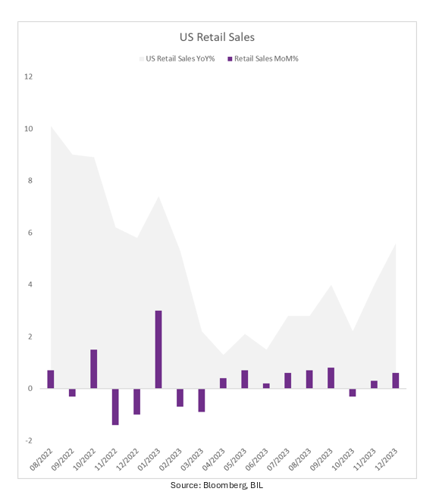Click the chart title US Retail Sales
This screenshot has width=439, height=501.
coord(217,37)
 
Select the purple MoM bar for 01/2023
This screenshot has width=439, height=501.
coord(158,349)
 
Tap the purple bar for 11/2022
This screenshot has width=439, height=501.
coord(115,407)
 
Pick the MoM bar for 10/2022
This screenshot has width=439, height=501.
coord(94,369)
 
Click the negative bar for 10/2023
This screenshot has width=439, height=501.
coord(353,393)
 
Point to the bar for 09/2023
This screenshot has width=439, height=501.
coord(331,378)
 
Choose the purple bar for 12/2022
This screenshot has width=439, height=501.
coord(136,402)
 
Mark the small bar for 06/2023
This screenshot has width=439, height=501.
coord(266,386)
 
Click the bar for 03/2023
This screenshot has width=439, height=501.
coord(202,400)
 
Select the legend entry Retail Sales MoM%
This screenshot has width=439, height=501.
coord(263,59)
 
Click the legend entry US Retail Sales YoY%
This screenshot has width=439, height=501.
coord(177,59)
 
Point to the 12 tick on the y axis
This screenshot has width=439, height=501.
coord(29,77)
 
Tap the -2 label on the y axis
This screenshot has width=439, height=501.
coord(29,440)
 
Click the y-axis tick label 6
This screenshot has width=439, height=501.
coord(30,233)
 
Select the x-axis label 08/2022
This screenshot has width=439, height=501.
coord(41,459)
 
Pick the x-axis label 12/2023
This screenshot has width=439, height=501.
coord(386,459)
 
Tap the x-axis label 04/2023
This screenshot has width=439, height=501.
coord(214,459)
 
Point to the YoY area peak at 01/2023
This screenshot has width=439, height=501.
coord(158,197)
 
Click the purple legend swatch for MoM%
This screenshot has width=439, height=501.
coord(230,59)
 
